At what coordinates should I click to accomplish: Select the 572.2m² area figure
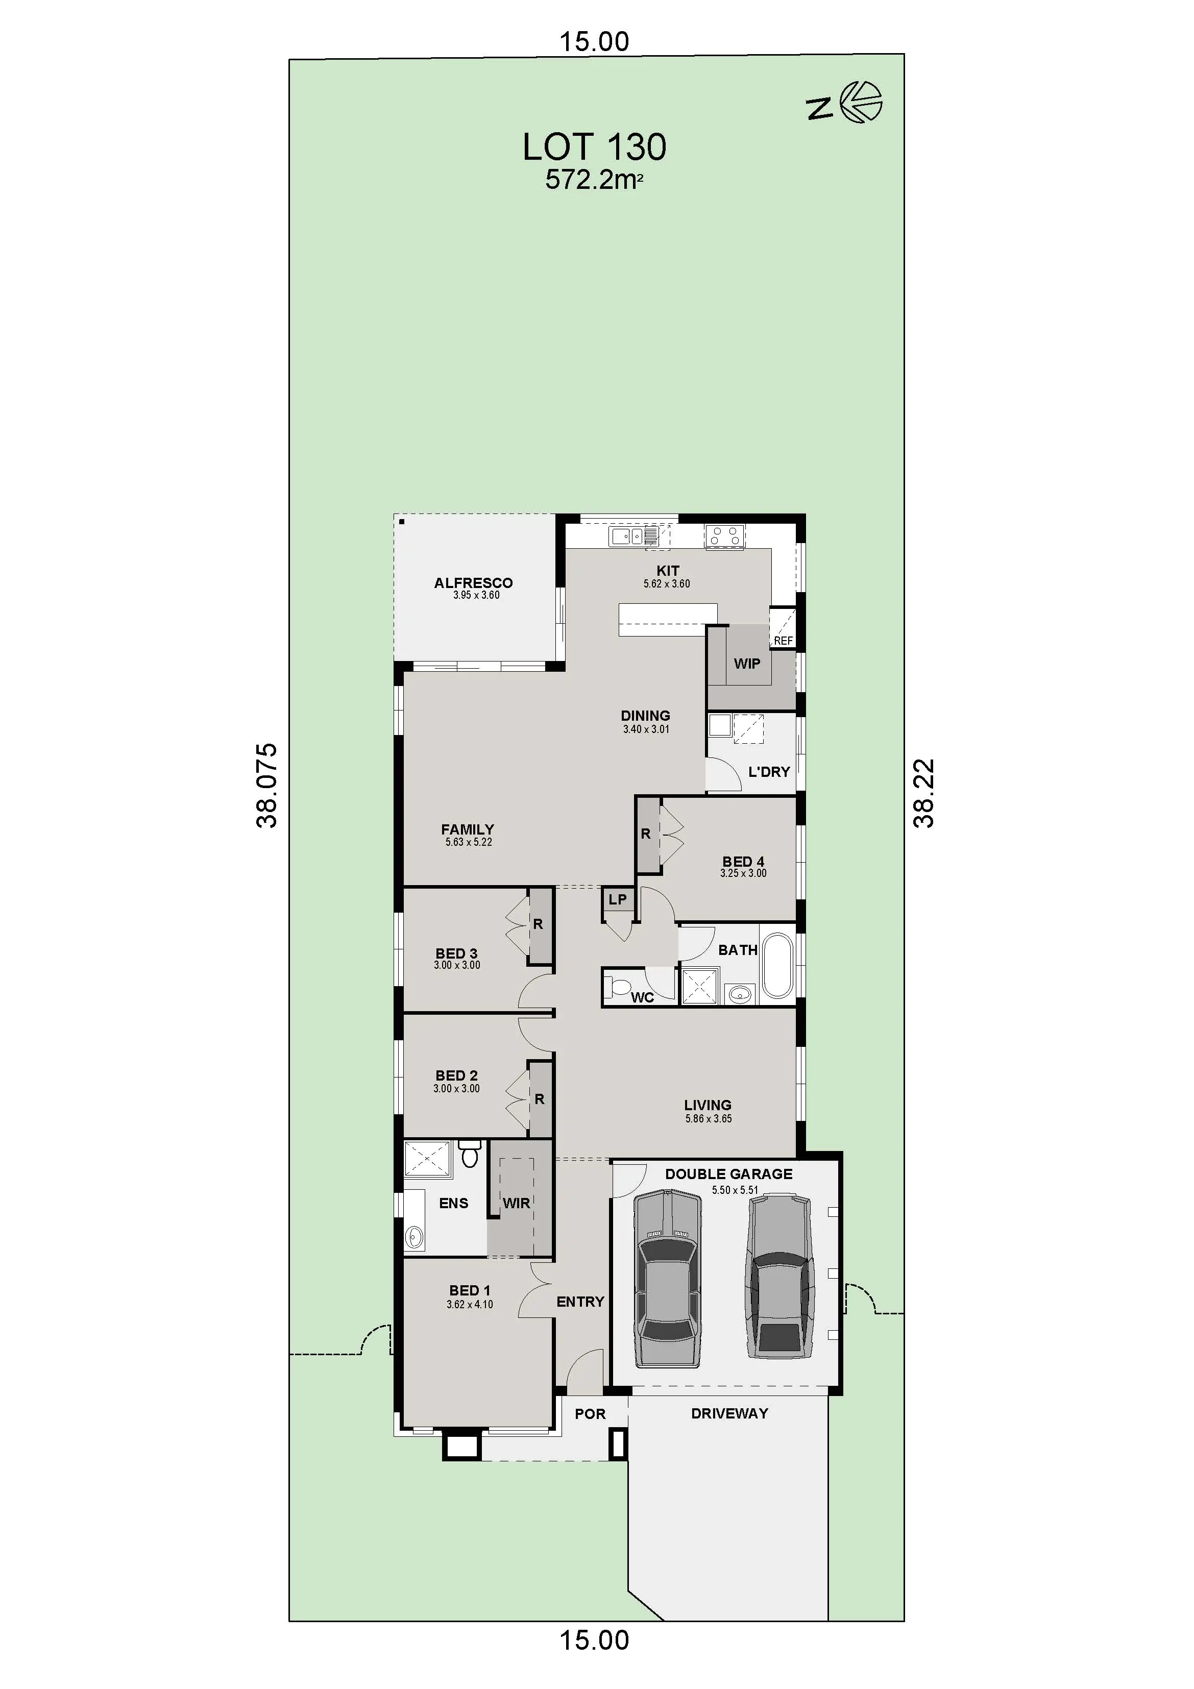(594, 180)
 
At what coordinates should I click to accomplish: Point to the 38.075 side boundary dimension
(267, 786)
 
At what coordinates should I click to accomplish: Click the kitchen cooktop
(725, 536)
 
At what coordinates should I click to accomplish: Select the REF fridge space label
(784, 641)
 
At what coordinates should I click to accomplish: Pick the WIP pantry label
(747, 664)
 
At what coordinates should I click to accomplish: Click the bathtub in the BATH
(777, 965)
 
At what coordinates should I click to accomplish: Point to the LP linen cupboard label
(617, 899)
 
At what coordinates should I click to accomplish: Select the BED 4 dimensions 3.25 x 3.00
(743, 873)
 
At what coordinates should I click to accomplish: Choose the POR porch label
(590, 1414)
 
